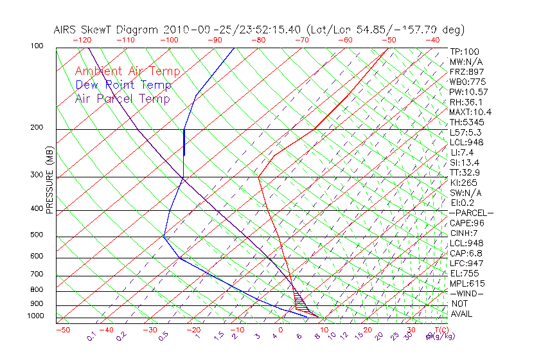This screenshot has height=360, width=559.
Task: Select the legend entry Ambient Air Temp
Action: pos(127,71)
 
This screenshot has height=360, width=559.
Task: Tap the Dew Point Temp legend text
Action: pos(123,85)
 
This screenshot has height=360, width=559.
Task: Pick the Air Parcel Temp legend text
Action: pos(122,98)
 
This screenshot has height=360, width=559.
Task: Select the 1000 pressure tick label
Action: pos(36,316)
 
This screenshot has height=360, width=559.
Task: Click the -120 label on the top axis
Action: pos(83,40)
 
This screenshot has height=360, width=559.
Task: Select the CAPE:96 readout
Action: pos(466,223)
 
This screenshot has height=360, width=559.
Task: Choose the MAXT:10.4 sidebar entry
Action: pos(470,113)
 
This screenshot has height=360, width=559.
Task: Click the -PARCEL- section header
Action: pos(471,213)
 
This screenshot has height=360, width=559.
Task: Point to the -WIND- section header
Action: pos(467,293)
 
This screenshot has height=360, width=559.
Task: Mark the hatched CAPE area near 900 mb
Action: pos(299,301)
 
